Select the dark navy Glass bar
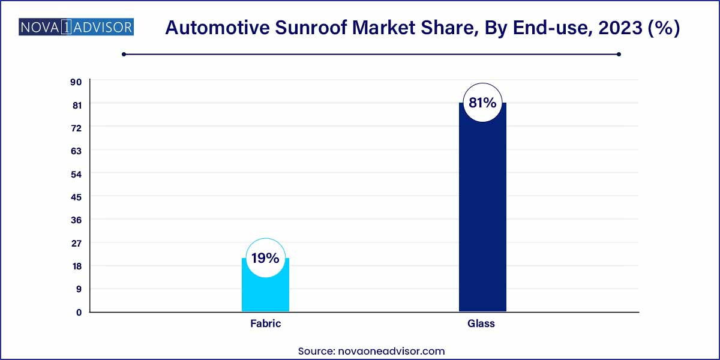[482, 216]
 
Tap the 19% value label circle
[265, 259]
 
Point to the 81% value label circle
[482, 103]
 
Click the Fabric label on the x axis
[265, 323]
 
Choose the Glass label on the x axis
[481, 323]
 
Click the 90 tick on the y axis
[76, 82]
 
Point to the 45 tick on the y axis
[76, 197]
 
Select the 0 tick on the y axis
[79, 312]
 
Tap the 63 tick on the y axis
[76, 151]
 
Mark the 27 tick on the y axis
[76, 243]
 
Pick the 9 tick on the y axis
[79, 289]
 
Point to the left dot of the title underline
[124, 54]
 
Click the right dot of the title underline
[619, 54]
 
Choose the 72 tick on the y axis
[76, 128]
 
